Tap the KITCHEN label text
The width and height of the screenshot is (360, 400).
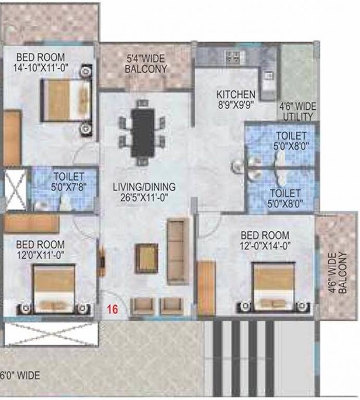236,95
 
